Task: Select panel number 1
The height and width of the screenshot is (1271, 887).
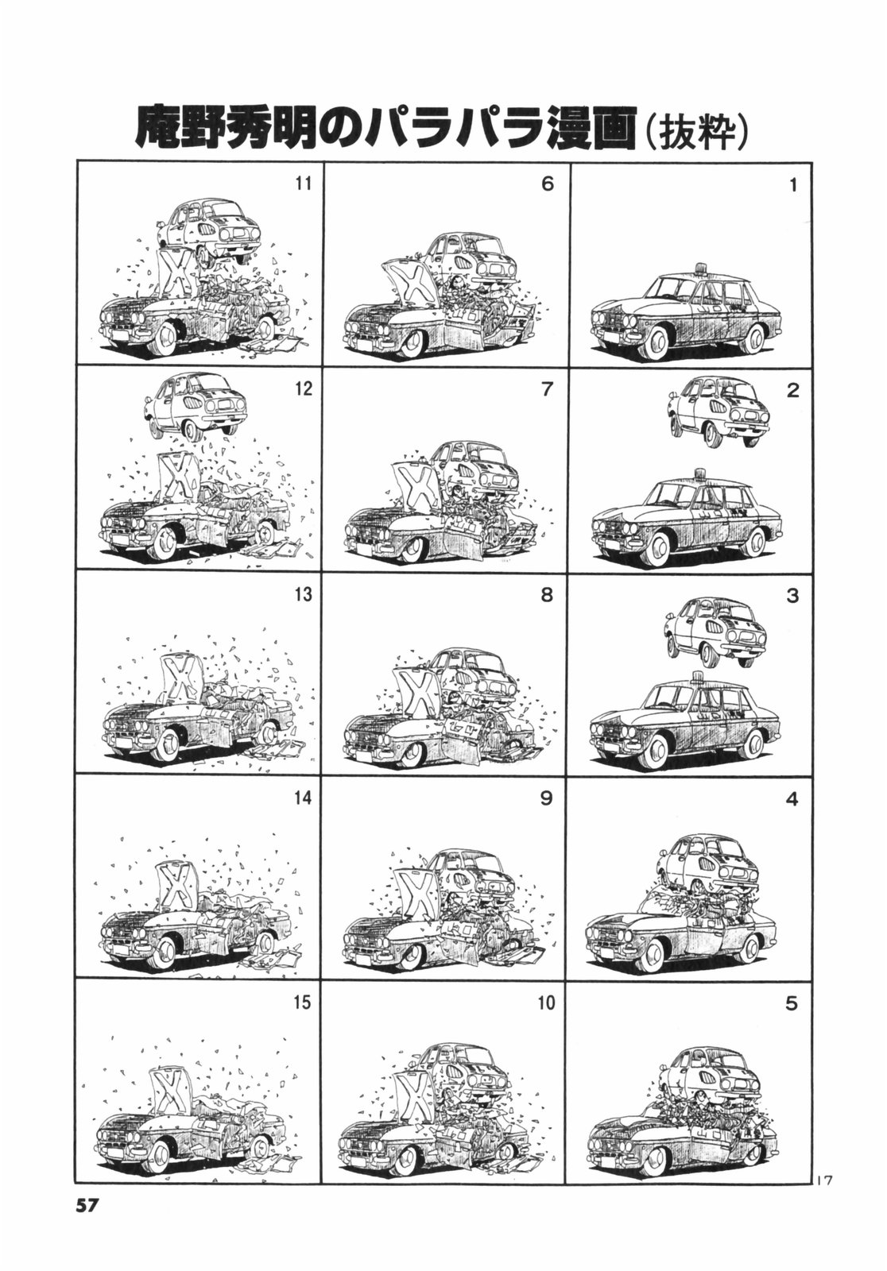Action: (793, 185)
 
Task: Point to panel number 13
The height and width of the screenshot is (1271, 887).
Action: (304, 594)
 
